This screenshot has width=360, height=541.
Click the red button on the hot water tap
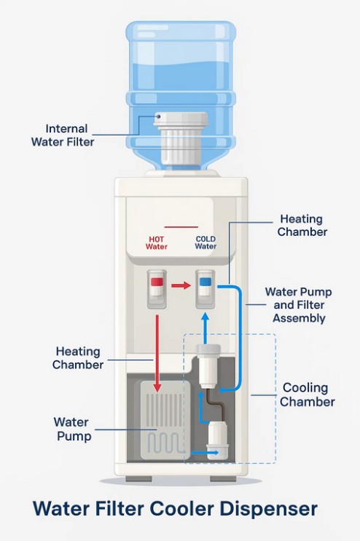tap(157, 282)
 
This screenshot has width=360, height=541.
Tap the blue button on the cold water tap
tap(205, 282)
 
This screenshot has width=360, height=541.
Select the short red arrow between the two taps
tap(181, 285)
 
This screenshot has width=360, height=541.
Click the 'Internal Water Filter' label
tap(63, 135)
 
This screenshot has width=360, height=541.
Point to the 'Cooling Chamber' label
tap(307, 395)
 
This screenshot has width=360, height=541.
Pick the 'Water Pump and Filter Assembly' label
tap(299, 305)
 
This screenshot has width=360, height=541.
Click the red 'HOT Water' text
tap(157, 243)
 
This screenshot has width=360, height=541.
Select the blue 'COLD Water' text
tap(206, 242)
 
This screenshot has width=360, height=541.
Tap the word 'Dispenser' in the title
tap(268, 508)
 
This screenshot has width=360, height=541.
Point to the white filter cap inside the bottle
tap(181, 138)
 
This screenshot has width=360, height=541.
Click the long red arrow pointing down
tap(157, 353)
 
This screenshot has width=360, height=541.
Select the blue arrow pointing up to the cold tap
tap(206, 328)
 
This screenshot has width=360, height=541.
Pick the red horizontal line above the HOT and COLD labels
tap(181, 227)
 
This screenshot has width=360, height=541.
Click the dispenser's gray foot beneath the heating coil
tap(138, 479)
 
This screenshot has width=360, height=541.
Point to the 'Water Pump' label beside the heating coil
tap(72, 429)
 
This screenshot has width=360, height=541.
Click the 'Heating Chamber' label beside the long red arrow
tap(78, 358)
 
